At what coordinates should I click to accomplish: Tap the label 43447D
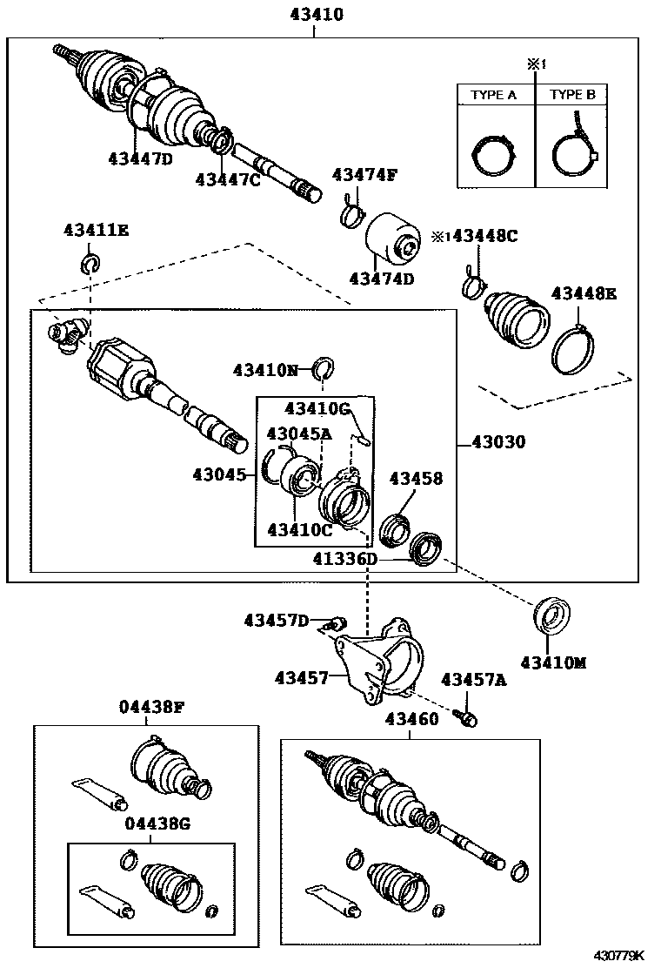140,158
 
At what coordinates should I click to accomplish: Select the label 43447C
228,179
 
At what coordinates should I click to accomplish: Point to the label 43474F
364,175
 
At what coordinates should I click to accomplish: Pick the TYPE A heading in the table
494,95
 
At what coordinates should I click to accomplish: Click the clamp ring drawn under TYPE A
494,157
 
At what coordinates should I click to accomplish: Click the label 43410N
264,370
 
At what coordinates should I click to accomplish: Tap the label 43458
415,478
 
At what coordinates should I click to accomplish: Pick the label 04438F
151,707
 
